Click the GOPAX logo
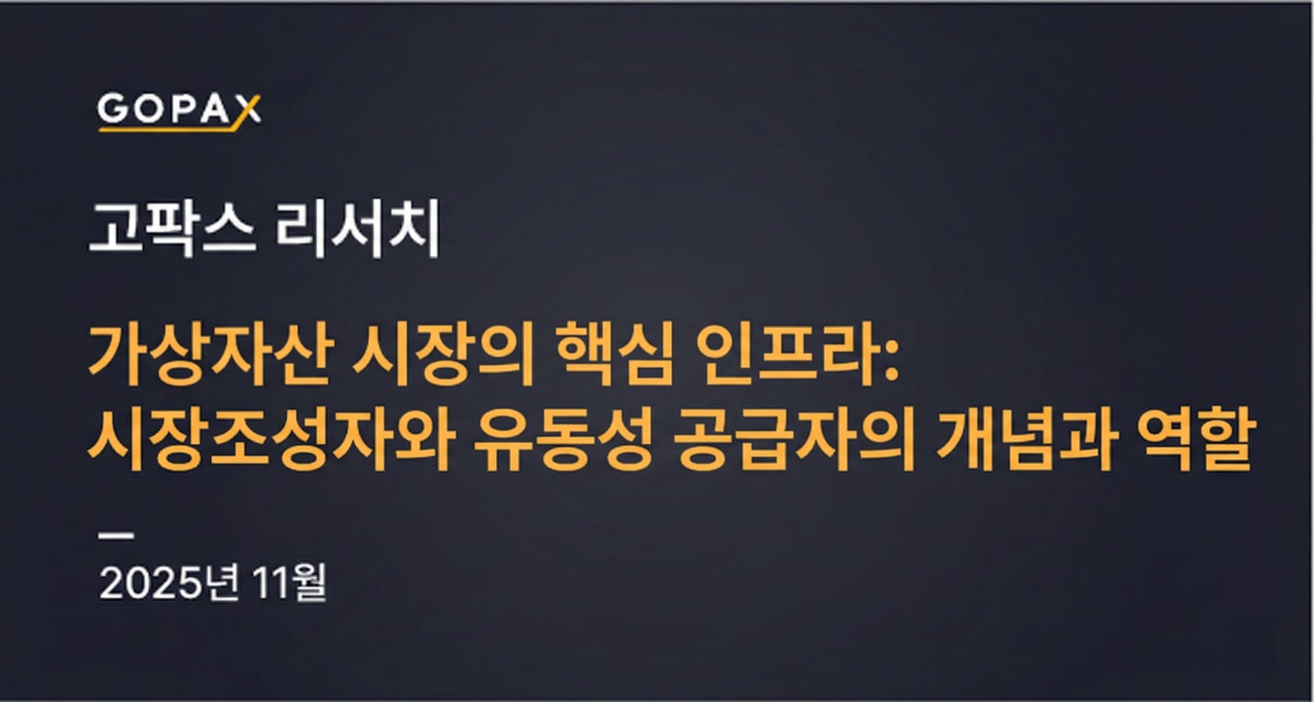(x=179, y=110)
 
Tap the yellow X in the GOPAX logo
(x=248, y=110)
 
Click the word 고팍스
(x=172, y=229)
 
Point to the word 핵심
(x=615, y=355)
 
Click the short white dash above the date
(x=116, y=536)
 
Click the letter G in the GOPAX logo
(x=113, y=109)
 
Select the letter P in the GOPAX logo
(x=181, y=109)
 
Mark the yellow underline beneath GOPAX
(x=168, y=129)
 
